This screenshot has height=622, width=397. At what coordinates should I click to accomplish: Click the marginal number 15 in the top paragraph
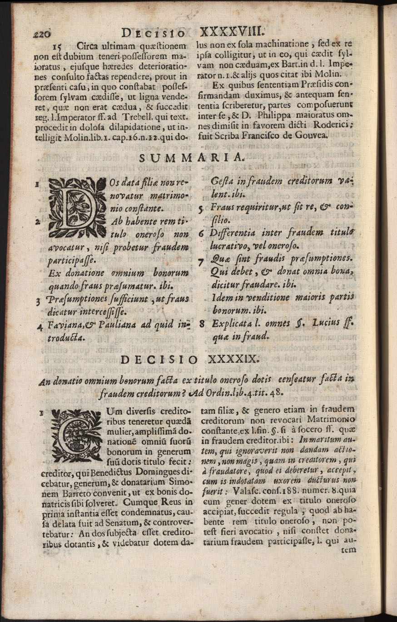pyautogui.click(x=58, y=45)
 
